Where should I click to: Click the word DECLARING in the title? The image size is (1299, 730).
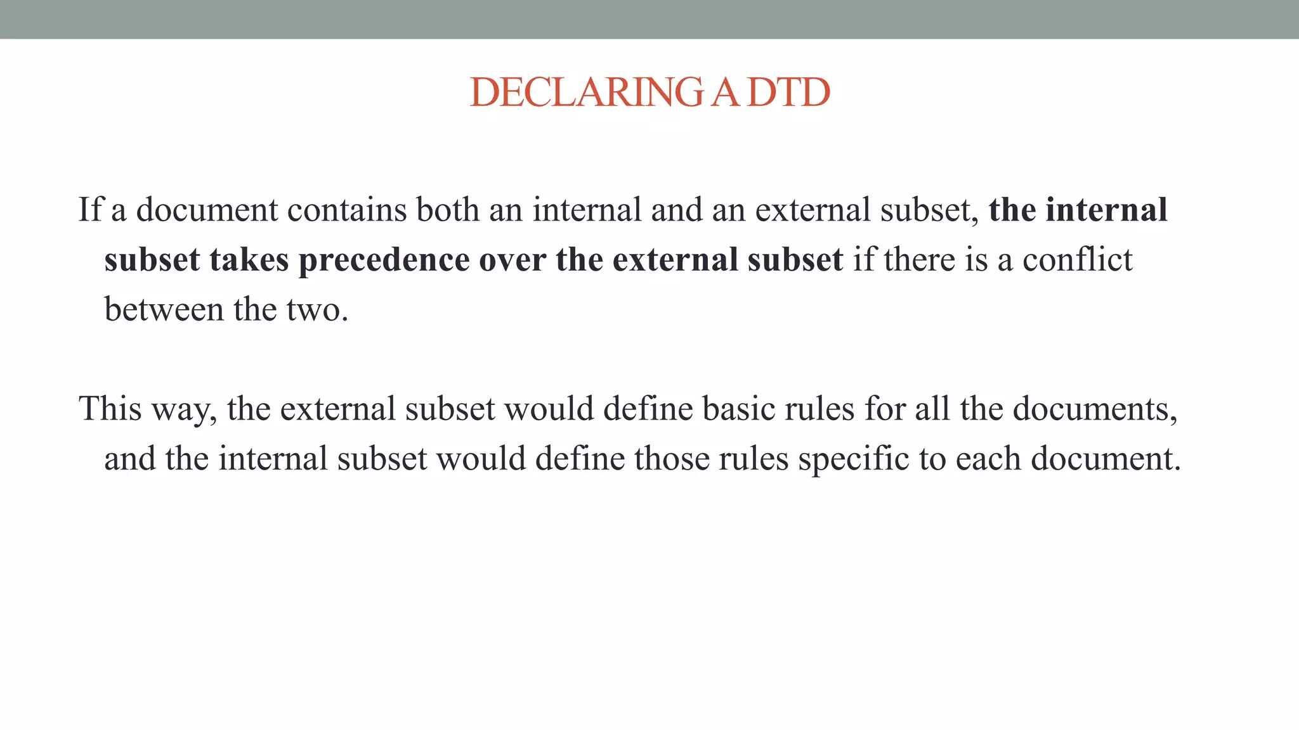click(x=587, y=93)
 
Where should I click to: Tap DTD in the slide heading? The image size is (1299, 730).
click(x=788, y=93)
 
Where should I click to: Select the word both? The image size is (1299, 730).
click(x=443, y=210)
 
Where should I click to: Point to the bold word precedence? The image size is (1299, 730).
click(x=384, y=260)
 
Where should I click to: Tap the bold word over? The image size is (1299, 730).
click(x=512, y=260)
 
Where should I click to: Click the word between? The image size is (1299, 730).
click(x=164, y=310)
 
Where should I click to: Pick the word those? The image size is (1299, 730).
click(x=671, y=459)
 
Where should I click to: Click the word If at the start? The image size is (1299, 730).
click(x=89, y=210)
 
